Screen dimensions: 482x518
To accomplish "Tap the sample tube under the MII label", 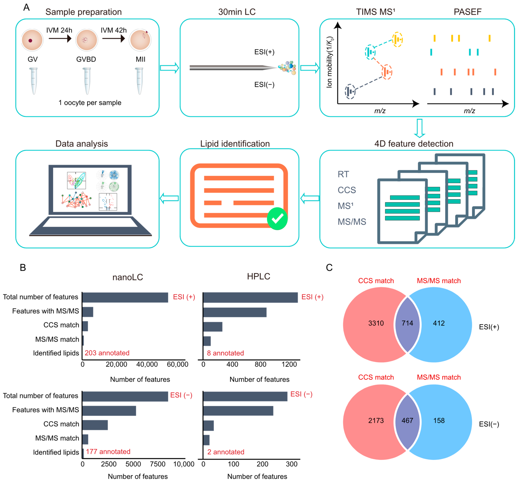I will click(x=139, y=81).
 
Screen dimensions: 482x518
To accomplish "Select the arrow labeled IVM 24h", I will click(x=60, y=39).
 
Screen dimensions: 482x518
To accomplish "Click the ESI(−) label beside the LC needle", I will click(x=264, y=85).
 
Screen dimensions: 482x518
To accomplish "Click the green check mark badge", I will click(x=277, y=219).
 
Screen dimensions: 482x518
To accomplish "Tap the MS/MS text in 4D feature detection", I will click(x=352, y=222).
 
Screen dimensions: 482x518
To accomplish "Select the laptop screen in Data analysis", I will click(x=90, y=190).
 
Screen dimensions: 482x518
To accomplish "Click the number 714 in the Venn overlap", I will click(x=407, y=323).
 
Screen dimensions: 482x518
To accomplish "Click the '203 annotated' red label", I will click(x=107, y=353).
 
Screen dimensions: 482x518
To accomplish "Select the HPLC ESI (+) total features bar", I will click(x=250, y=297).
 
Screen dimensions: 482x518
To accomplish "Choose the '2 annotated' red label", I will click(x=226, y=452).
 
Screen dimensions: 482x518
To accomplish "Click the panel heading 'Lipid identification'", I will click(x=235, y=144).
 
